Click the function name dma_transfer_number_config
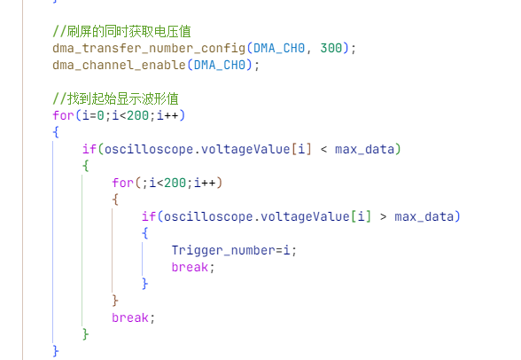(149, 49)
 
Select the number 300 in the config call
(331, 48)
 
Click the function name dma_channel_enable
(119, 65)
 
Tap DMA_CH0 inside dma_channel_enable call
(220, 65)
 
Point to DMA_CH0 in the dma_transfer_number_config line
(279, 48)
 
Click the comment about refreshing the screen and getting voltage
(121, 32)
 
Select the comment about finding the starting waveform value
(115, 98)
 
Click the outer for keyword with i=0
(63, 115)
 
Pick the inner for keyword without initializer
(122, 183)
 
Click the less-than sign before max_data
(323, 150)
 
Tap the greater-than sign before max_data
(383, 217)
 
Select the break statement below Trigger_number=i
(190, 267)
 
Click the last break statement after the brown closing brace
(130, 317)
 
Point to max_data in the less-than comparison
(364, 150)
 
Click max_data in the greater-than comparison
(424, 217)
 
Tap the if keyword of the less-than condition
(89, 149)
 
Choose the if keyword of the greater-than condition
(149, 216)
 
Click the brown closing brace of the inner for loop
(115, 301)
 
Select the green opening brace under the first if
(86, 166)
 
